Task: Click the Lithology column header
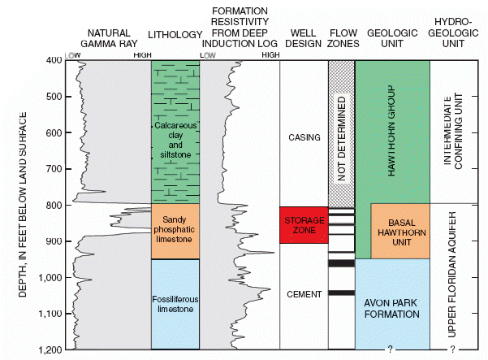[175, 33]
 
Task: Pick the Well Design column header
[304, 33]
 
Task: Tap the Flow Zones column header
[341, 33]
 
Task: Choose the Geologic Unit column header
[392, 33]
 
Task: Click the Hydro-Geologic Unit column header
[454, 28]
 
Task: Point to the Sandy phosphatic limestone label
[175, 232]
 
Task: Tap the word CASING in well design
[304, 137]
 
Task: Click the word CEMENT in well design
[304, 294]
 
